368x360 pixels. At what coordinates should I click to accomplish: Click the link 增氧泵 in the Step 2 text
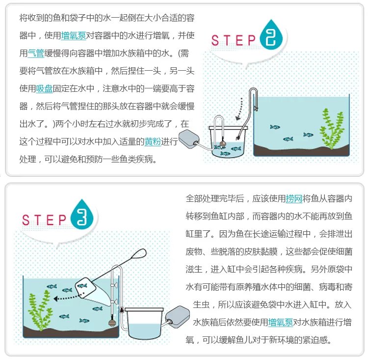(x=74, y=36)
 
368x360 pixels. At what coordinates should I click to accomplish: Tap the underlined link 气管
(x=36, y=54)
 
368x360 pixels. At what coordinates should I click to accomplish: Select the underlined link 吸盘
(x=44, y=88)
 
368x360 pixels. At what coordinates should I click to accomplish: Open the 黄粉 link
(x=153, y=142)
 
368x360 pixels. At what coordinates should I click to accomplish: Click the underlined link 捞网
(x=294, y=199)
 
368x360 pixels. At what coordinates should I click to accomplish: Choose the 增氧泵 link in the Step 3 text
(x=281, y=322)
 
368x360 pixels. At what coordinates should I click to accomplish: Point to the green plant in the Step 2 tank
(x=331, y=129)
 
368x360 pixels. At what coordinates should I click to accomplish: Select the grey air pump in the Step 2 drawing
(x=189, y=139)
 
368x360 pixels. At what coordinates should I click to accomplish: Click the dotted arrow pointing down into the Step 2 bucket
(x=239, y=109)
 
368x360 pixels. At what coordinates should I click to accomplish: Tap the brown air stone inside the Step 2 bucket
(x=223, y=142)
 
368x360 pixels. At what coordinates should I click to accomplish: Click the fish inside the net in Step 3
(x=82, y=286)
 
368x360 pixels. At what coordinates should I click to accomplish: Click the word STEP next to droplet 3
(x=44, y=220)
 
